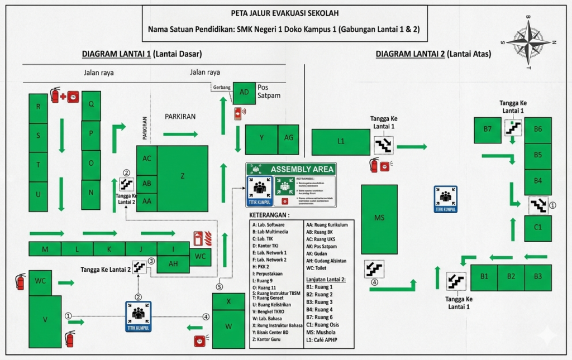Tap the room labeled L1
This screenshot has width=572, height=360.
(x=341, y=142)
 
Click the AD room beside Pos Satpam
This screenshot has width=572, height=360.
(x=244, y=92)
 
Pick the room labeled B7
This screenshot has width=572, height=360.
(x=488, y=130)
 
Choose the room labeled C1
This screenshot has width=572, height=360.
(x=537, y=228)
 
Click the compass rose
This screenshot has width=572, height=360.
(x=528, y=42)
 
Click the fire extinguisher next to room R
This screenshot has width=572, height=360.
(x=55, y=95)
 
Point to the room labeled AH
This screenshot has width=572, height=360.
(x=173, y=264)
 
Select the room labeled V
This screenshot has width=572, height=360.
(x=45, y=320)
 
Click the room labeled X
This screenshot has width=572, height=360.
(x=228, y=302)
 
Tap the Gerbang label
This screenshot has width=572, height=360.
(x=221, y=88)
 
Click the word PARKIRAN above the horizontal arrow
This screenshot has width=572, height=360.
(x=180, y=117)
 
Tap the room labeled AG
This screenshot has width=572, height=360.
(x=289, y=138)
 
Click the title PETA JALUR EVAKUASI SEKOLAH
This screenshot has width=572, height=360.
(x=284, y=13)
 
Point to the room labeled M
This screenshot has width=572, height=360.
(x=45, y=248)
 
